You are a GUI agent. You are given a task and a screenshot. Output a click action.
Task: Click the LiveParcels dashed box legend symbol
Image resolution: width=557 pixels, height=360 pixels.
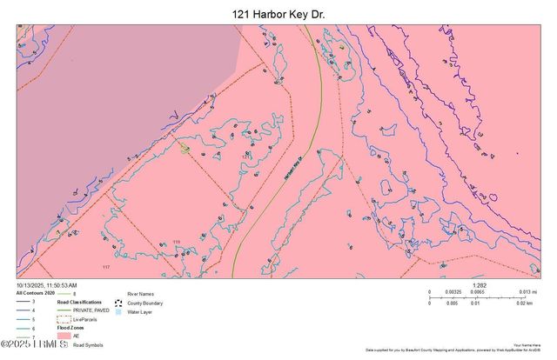coord(62,319)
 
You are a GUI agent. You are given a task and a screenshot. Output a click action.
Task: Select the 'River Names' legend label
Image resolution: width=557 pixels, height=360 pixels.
coord(141,294)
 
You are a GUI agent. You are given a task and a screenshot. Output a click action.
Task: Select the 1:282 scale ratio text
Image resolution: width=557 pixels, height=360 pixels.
coord(478,284)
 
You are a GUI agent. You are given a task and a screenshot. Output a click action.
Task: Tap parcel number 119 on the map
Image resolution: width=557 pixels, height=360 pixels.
coord(177,242)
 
